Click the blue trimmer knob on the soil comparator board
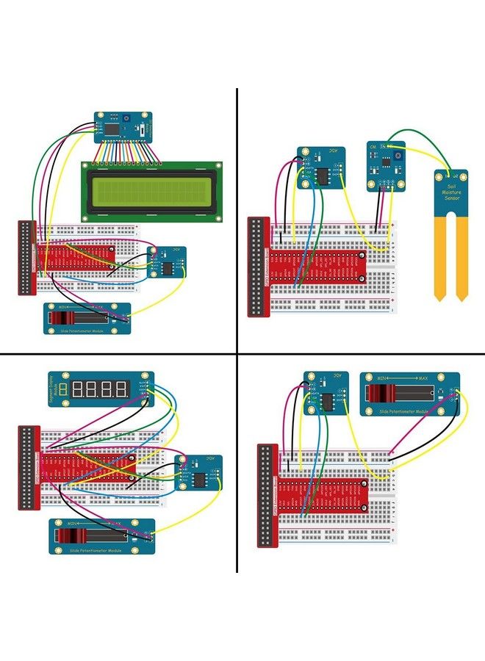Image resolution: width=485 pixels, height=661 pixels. coord(398,156)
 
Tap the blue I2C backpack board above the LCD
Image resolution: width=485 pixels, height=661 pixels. coord(123,127)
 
